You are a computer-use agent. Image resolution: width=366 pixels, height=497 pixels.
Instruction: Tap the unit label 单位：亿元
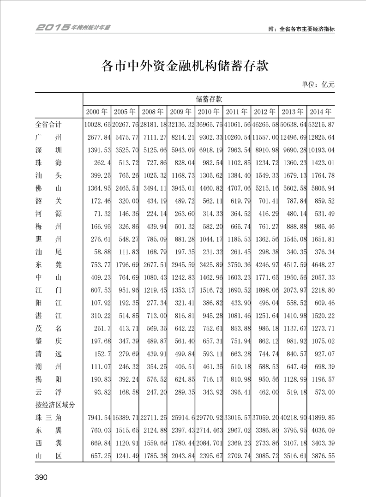[x=318, y=84]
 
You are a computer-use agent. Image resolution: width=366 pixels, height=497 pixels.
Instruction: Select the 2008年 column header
[x=153, y=112]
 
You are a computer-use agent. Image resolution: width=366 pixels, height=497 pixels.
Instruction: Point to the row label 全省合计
[x=48, y=125]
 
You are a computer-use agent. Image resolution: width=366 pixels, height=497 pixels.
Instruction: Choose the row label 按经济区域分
[x=55, y=404]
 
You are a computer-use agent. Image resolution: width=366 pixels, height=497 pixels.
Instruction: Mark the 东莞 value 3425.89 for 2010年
[x=210, y=264]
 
